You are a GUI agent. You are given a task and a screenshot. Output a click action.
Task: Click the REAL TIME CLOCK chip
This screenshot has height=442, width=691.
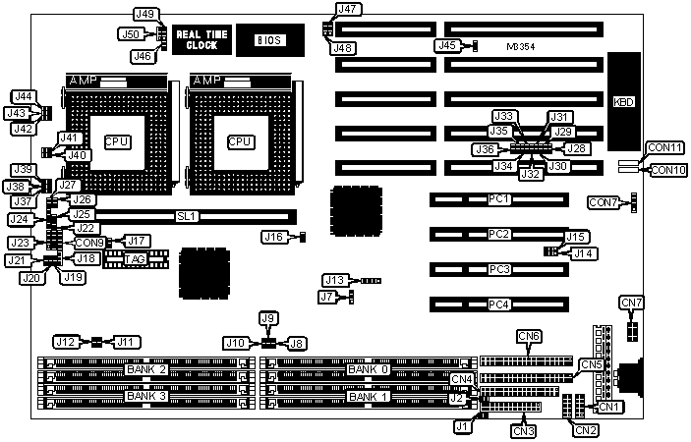click(x=202, y=39)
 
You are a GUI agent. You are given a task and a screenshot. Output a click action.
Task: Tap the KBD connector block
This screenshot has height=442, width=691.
click(x=623, y=101)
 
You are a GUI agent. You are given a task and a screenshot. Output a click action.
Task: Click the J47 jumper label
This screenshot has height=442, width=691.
click(x=347, y=10)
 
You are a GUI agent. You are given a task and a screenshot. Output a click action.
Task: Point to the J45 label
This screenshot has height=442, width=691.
click(x=445, y=45)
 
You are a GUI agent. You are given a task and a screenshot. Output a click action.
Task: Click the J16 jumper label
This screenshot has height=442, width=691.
click(x=274, y=236)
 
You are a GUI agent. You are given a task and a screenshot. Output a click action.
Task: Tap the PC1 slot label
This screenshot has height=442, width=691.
click(x=500, y=200)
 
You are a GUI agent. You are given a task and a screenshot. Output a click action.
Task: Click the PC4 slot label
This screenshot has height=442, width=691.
click(x=500, y=304)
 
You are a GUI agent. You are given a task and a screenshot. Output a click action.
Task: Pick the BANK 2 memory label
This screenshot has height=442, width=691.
click(x=146, y=369)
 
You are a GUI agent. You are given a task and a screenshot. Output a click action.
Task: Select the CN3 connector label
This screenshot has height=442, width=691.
click(x=524, y=428)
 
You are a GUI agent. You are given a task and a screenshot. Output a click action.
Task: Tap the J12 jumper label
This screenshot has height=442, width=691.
click(x=66, y=342)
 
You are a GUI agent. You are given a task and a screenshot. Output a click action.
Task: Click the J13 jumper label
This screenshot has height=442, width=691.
click(x=335, y=281)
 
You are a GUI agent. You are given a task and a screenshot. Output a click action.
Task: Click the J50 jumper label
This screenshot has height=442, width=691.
click(x=130, y=33)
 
